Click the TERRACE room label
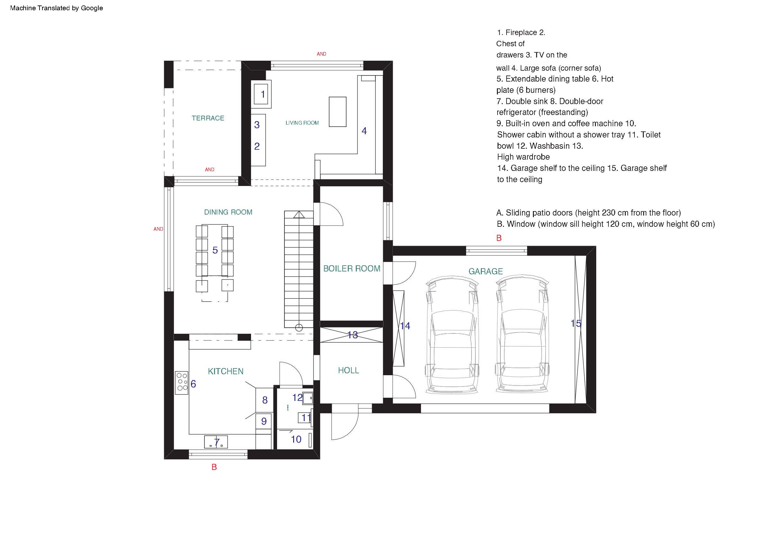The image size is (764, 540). coord(208,118)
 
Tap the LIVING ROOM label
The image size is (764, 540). coord(302,123)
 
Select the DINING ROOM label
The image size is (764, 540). coord(228,212)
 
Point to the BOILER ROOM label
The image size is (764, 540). coord(352,268)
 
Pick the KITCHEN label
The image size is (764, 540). coord(226,371)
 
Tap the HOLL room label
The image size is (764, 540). coord(348,370)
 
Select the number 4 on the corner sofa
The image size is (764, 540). coord(364,131)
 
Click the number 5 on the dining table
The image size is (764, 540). coord(215,250)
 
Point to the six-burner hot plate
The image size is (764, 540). coord(182,383)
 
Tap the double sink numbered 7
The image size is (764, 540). coord(216,442)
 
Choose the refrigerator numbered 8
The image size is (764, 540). coord(265,400)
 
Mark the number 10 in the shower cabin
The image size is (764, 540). coord(296,439)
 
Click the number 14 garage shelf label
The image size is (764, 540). coord(405,326)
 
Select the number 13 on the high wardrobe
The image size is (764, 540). coord(353,335)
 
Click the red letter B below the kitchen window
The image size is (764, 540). coord(214,467)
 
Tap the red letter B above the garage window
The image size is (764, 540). coord(499,238)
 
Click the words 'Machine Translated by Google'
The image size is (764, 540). coord(57,8)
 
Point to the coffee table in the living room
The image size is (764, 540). coord(338,112)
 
